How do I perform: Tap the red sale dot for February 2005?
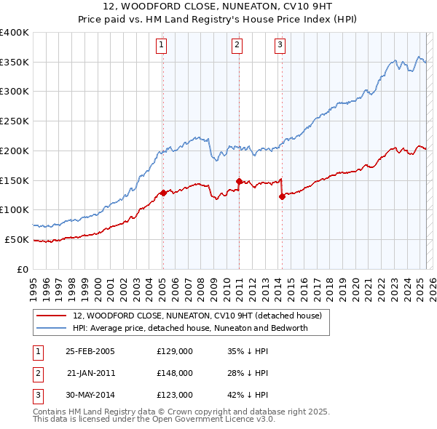point(163,193)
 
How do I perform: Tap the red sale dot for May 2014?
point(282,196)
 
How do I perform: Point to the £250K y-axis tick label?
point(15,121)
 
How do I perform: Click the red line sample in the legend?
point(50,316)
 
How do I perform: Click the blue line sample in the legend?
point(50,328)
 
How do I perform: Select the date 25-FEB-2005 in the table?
point(90,352)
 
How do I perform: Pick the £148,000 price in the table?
point(175,373)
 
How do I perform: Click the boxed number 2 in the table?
point(36,373)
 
